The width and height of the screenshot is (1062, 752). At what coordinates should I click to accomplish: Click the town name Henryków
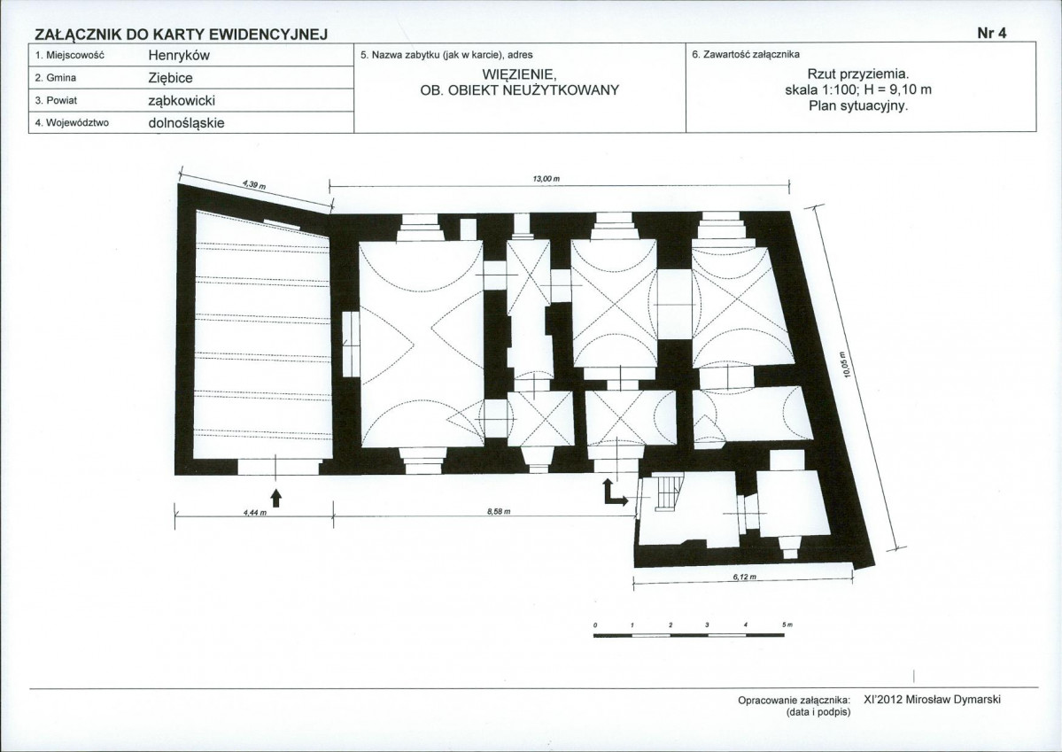(179, 56)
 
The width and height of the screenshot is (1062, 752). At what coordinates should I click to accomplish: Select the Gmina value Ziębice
(170, 78)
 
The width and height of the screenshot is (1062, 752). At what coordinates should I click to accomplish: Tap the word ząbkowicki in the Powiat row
(182, 101)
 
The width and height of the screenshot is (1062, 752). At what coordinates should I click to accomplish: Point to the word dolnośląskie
(186, 123)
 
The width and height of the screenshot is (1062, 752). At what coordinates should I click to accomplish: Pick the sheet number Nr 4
(992, 33)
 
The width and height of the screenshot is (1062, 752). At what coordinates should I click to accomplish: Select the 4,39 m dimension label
(254, 184)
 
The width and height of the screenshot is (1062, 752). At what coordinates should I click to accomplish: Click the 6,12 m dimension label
(744, 578)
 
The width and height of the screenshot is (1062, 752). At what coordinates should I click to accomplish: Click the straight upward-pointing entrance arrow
(275, 497)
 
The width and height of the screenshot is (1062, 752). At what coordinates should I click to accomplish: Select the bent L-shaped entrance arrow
(614, 492)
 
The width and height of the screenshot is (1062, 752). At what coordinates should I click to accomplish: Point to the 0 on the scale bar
(594, 624)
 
